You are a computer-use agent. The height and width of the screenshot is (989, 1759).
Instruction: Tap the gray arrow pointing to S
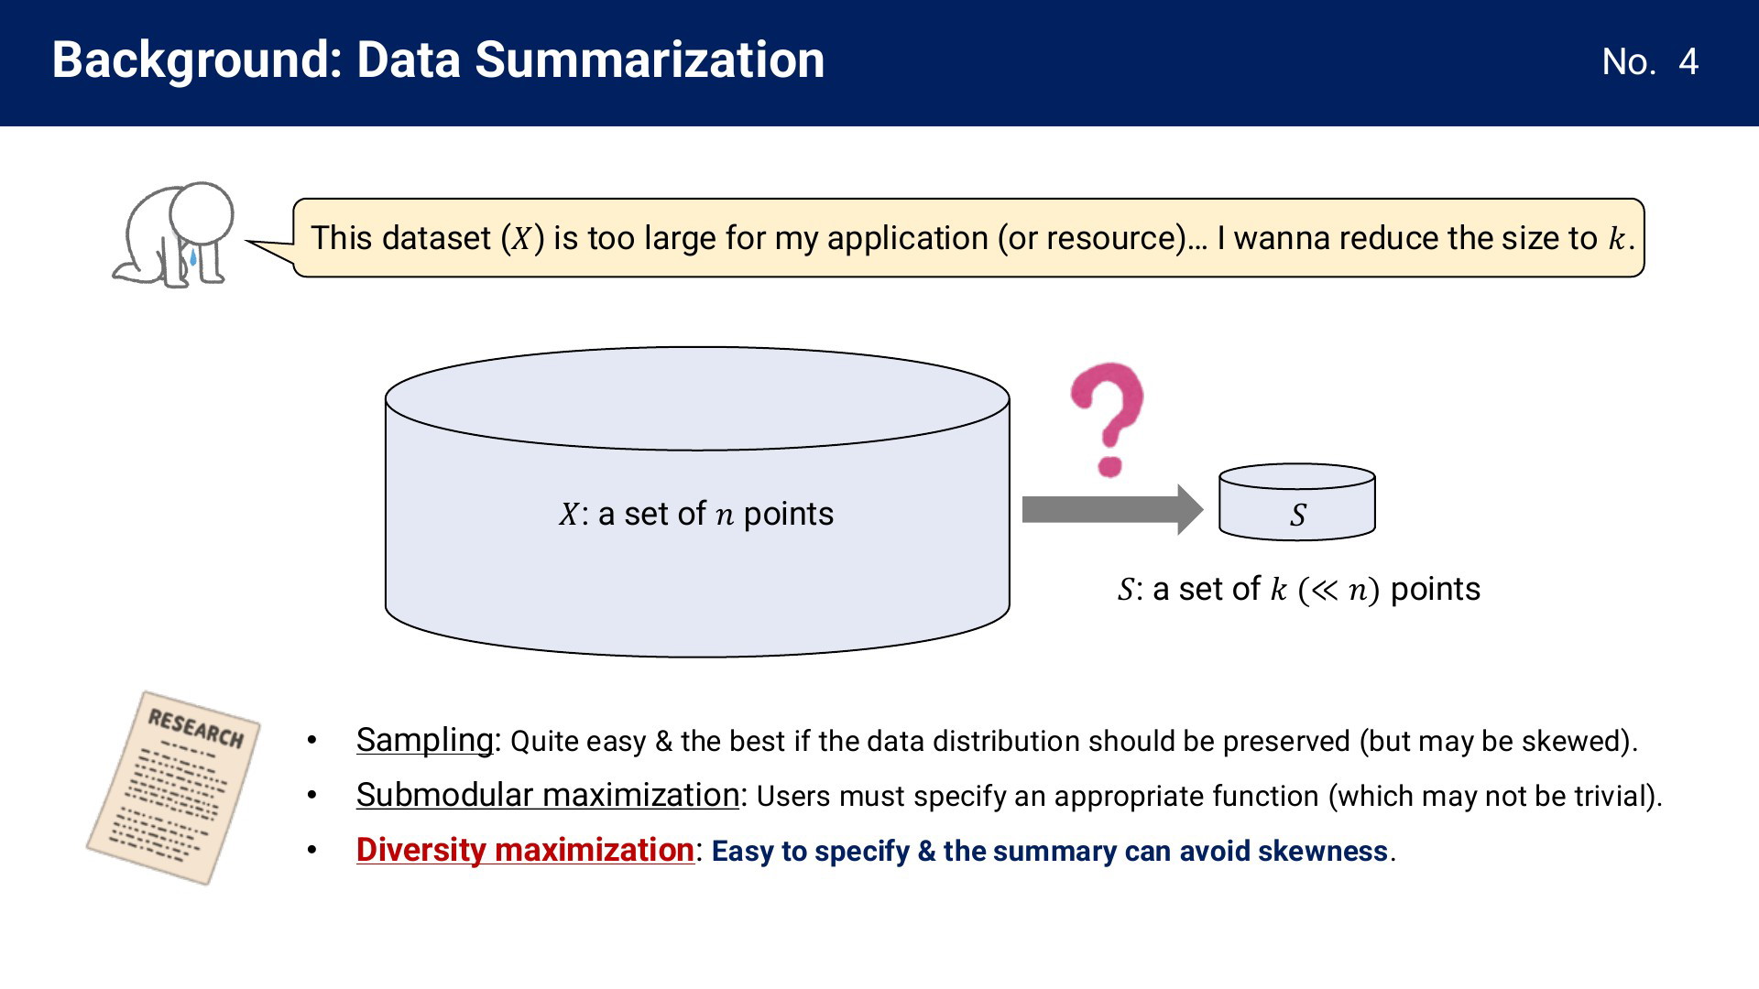click(x=1112, y=509)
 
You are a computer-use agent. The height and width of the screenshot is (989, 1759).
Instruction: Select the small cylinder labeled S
click(x=1297, y=502)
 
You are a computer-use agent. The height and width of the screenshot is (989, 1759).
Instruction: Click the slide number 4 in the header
click(x=1688, y=62)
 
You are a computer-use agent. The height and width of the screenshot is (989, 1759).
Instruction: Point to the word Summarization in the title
click(x=650, y=60)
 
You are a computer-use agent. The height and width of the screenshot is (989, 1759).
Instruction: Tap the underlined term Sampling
click(x=425, y=740)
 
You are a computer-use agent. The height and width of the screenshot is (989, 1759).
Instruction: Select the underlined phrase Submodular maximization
click(x=548, y=795)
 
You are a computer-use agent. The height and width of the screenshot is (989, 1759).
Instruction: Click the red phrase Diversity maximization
click(x=525, y=850)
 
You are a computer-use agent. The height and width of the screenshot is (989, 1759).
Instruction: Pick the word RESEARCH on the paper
click(x=196, y=729)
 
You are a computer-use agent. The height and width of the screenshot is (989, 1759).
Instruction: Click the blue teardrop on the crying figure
click(x=193, y=258)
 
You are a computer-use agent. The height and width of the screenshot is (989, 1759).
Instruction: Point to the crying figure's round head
click(x=202, y=213)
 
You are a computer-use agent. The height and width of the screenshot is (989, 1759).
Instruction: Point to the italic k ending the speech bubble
click(x=1616, y=238)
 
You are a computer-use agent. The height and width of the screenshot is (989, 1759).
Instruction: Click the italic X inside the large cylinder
click(x=569, y=514)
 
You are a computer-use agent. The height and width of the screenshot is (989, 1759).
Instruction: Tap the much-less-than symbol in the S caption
click(x=1324, y=591)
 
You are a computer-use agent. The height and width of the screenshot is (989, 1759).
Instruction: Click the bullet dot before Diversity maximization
click(x=312, y=851)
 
